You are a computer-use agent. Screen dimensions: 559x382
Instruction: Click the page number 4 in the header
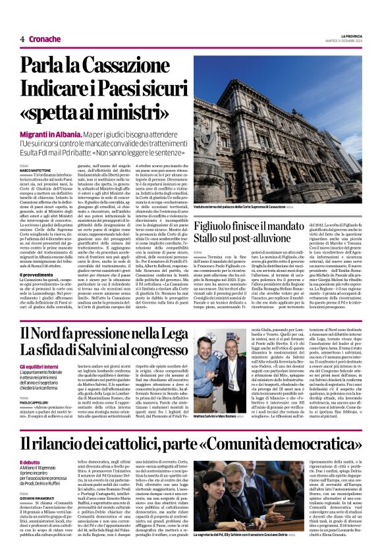[22, 39]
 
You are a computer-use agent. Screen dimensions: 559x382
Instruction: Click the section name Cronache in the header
[44, 39]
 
